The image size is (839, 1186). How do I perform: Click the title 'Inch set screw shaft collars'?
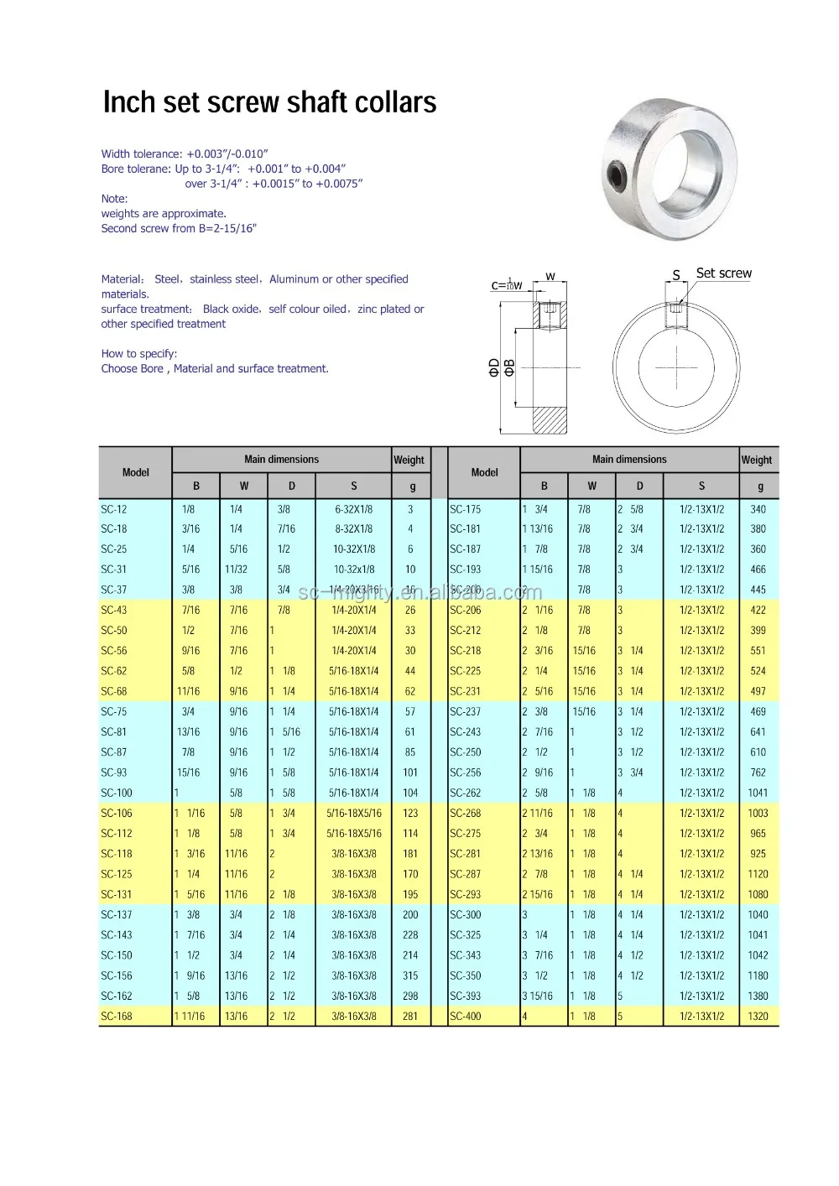[269, 102]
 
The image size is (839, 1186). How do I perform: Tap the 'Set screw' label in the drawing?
[723, 273]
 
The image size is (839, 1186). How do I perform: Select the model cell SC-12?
[114, 509]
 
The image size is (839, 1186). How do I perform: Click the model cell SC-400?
[466, 1017]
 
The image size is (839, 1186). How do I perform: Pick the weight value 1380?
[758, 996]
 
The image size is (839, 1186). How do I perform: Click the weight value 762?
[758, 772]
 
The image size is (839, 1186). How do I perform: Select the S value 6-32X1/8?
[353, 509]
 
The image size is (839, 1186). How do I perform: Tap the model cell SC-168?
[117, 1017]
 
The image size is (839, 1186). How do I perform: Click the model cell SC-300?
[466, 915]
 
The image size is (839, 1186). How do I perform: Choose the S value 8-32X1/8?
[353, 529]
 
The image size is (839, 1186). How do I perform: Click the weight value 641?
[758, 732]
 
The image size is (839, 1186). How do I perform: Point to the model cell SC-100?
[117, 793]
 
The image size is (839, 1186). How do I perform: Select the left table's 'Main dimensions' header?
[281, 460]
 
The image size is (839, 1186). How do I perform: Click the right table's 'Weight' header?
[756, 460]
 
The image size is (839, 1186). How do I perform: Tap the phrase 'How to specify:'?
[139, 354]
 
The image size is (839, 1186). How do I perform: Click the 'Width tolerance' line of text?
[185, 154]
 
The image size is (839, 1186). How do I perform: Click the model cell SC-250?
[466, 752]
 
